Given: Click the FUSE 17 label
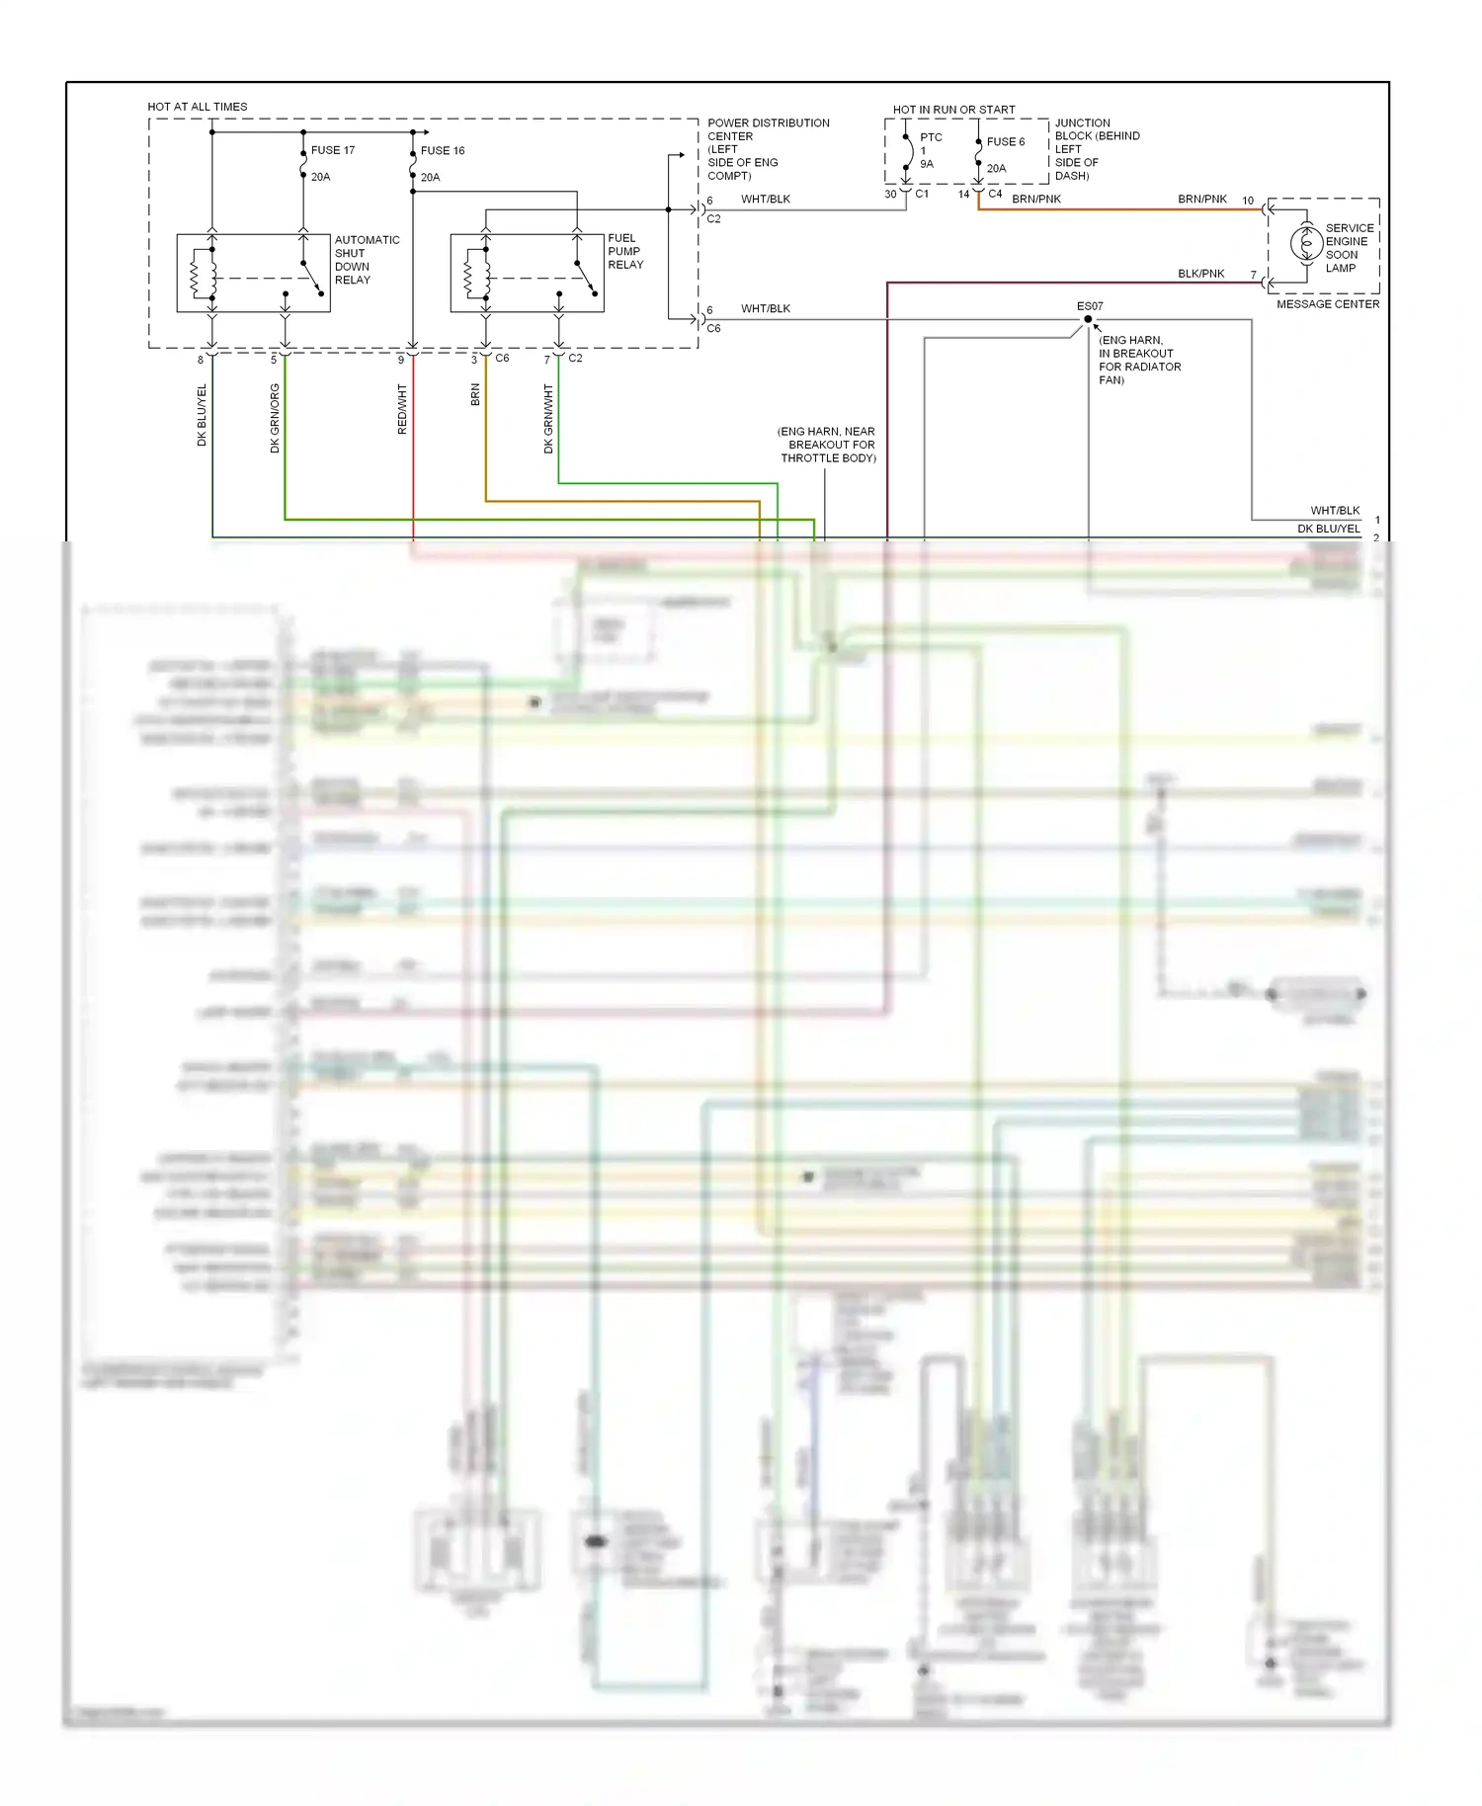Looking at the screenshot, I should (332, 150).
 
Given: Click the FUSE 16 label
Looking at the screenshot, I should (442, 150).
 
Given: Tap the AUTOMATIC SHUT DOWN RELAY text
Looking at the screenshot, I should (367, 260).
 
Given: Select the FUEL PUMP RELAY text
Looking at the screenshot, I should (625, 251).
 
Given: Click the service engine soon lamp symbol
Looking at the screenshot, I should (1305, 243).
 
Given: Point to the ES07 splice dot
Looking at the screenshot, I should (1088, 319).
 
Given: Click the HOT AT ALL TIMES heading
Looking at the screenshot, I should (198, 107).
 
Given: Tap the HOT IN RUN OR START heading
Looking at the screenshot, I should (953, 110).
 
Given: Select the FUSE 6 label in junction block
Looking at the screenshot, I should (1005, 141).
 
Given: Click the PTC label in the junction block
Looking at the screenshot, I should (931, 137).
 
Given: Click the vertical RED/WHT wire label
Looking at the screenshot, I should (402, 409).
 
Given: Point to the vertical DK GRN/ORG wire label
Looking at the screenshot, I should (275, 418).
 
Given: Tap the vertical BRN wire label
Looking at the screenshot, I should (475, 395).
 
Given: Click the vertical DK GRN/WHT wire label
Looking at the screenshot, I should (548, 419).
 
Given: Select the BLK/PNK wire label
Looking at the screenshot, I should (1200, 274).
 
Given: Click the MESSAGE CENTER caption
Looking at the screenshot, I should (1327, 304).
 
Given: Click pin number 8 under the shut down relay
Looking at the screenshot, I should (201, 361).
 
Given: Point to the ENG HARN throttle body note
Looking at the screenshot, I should (827, 445).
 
